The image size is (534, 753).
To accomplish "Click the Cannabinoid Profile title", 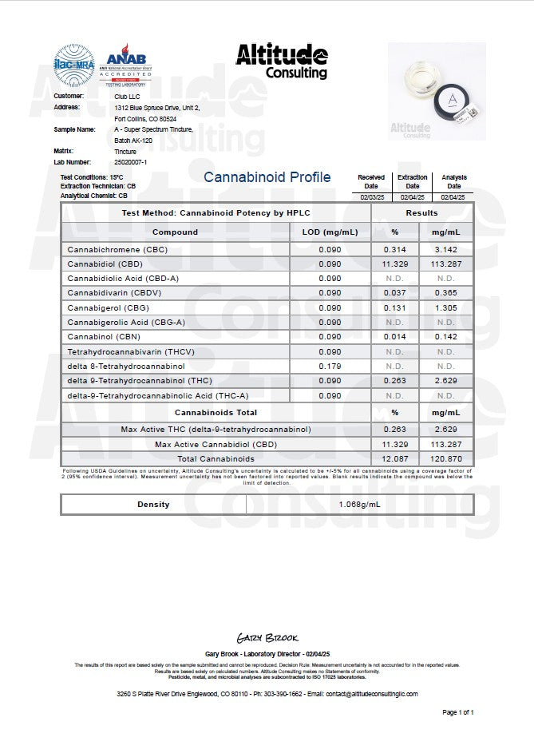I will (267, 177).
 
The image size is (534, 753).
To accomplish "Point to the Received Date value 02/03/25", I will (371, 196).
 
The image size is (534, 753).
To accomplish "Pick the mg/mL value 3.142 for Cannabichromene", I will (444, 249).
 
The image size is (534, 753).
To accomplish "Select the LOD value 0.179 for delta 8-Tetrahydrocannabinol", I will (329, 366).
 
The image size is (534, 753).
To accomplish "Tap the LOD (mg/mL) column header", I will (330, 232).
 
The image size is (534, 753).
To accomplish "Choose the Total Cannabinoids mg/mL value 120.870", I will (444, 459).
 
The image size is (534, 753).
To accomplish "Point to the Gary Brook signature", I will (267, 638).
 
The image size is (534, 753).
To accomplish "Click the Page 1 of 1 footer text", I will (458, 711).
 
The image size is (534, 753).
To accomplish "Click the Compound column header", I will (175, 232).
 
